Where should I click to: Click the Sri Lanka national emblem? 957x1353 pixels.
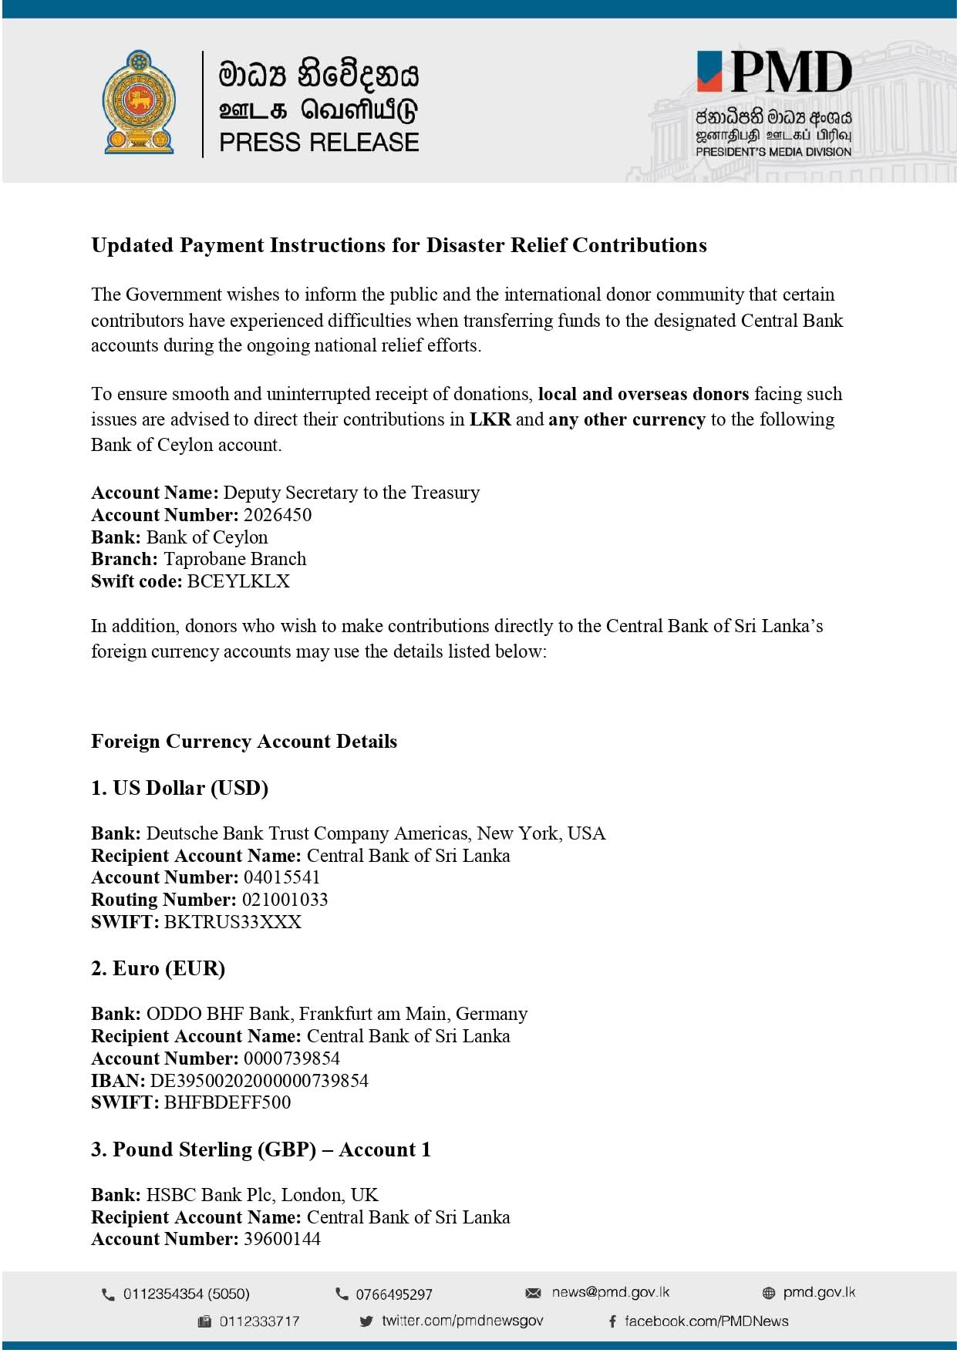[139, 103]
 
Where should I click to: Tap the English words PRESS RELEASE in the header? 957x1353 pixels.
[318, 143]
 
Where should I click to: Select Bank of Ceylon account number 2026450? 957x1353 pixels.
[278, 515]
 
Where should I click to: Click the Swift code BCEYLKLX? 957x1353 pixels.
[238, 581]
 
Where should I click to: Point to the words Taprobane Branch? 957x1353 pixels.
[234, 559]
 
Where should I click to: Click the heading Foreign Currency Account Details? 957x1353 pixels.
[244, 742]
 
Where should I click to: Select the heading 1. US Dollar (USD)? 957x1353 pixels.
[180, 788]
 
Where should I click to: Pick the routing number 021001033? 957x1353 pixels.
[285, 900]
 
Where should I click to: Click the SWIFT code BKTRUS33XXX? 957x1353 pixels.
[232, 922]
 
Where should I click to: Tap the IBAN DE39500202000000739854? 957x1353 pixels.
[258, 1081]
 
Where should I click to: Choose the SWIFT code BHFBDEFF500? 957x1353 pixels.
[227, 1102]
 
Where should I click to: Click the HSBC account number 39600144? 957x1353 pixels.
[281, 1239]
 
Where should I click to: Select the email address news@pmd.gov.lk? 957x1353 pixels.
[610, 1292]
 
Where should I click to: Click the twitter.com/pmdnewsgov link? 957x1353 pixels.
[462, 1321]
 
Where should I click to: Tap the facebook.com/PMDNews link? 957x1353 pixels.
[706, 1321]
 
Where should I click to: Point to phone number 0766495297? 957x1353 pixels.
[393, 1294]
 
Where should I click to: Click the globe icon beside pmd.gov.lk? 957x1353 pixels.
[768, 1293]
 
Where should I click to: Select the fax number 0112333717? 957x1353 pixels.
[259, 1321]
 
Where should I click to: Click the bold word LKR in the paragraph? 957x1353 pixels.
[490, 419]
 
